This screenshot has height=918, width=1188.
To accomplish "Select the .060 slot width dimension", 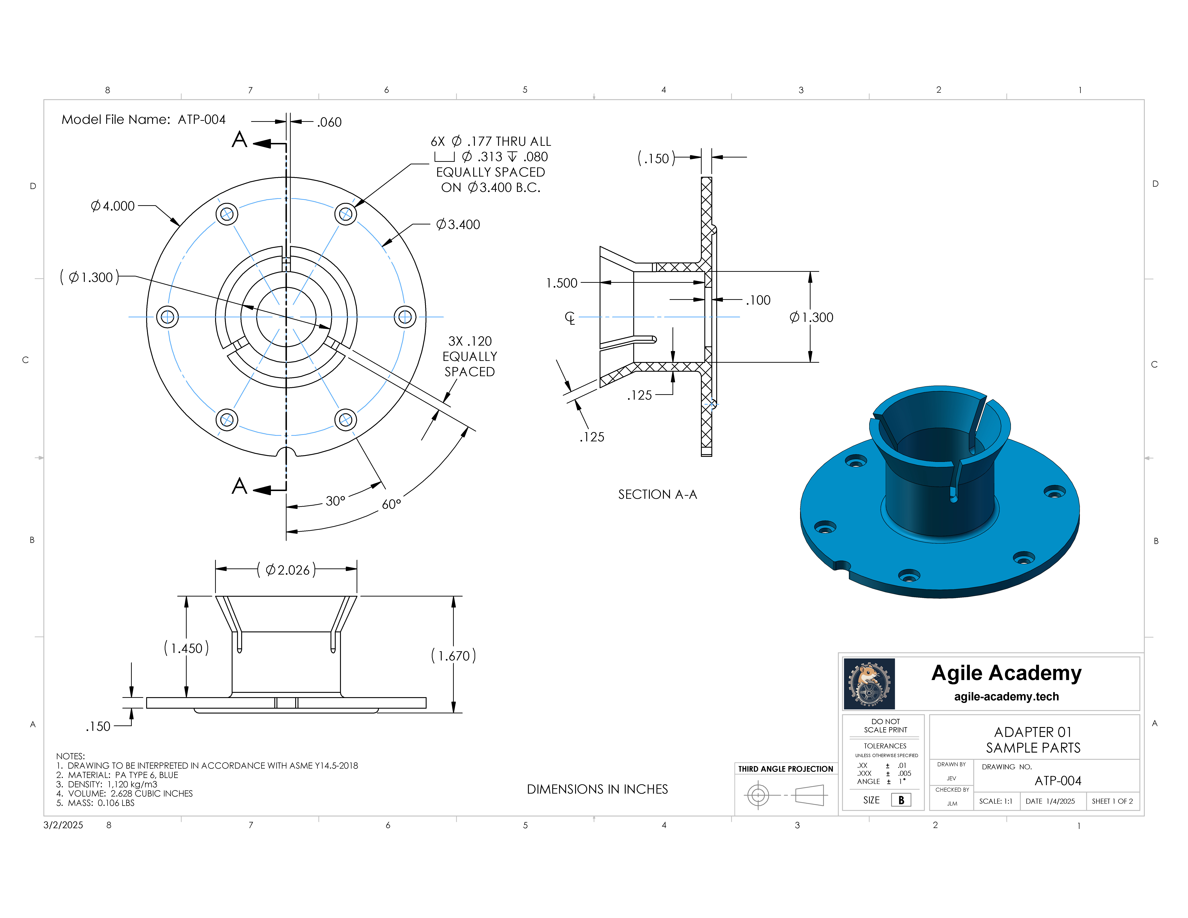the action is click(329, 122).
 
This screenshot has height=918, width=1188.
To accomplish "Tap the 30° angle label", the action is click(335, 501).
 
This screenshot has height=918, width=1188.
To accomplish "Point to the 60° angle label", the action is click(391, 504).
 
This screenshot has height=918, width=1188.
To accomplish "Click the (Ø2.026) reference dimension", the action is click(287, 570).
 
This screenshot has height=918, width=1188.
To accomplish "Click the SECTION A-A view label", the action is click(658, 494).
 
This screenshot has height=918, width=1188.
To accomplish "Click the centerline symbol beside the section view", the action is click(570, 318).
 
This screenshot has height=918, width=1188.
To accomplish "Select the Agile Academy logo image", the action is click(869, 684).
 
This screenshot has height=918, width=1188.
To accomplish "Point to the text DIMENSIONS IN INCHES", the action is click(597, 789).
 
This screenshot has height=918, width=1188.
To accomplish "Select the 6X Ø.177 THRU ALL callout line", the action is click(491, 141).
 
